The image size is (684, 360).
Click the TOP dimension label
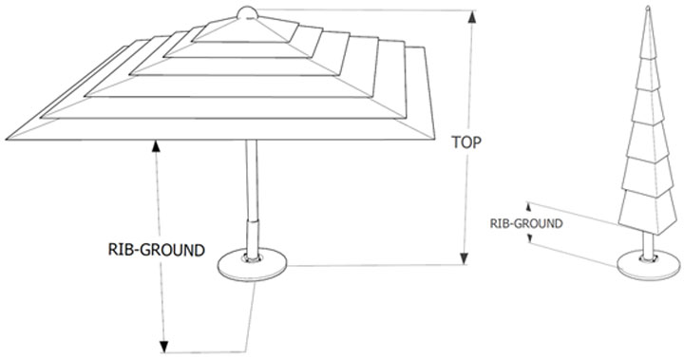[x=466, y=142]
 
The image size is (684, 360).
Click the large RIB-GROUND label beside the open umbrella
[x=157, y=250]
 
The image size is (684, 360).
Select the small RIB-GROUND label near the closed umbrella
[x=526, y=224]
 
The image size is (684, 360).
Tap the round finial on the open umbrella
[x=247, y=13]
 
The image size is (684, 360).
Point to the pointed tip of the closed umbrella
[x=648, y=8]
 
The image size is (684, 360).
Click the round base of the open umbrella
[x=252, y=265]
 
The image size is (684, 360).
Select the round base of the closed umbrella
[x=649, y=265]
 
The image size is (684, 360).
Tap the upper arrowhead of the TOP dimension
[x=472, y=16]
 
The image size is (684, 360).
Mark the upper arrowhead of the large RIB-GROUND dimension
[x=156, y=146]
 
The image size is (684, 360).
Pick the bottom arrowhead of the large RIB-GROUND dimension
[x=163, y=346]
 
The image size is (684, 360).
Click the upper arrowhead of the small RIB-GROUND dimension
[x=529, y=206]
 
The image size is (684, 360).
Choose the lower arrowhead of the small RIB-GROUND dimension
[x=530, y=238]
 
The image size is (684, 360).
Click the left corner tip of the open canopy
[x=7, y=140]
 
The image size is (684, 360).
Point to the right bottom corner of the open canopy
[x=434, y=139]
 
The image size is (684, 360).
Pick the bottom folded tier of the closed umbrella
[x=648, y=213]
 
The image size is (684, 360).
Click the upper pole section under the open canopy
[x=252, y=180]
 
